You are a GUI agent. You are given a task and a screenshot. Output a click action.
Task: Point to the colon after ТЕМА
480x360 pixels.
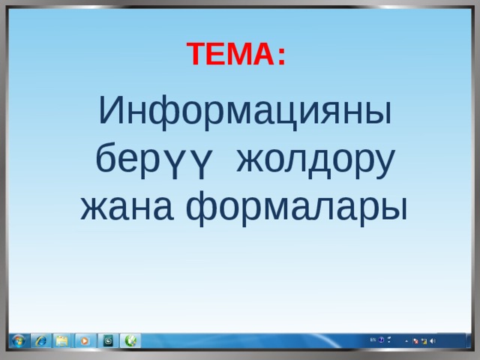coord(280,56)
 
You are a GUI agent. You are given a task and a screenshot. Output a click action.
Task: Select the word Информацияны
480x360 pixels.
coord(245,112)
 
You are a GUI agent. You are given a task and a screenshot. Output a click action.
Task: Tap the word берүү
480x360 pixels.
coord(157,159)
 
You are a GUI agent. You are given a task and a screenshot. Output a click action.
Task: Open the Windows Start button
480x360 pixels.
coord(17,340)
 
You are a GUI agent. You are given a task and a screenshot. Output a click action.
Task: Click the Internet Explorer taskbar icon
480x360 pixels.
coord(40,340)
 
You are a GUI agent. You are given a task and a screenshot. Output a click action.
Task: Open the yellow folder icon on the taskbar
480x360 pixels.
coord(61,340)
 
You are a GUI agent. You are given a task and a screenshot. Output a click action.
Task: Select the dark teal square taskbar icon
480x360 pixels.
coord(108,340)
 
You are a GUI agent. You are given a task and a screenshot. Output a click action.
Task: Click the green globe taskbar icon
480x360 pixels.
coord(130,340)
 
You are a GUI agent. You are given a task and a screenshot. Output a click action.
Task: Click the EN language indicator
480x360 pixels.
coord(373,340)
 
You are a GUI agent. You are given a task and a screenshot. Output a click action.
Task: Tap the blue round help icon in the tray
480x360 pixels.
coord(381,340)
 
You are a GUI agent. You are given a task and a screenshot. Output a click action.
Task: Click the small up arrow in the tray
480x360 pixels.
coord(407,340)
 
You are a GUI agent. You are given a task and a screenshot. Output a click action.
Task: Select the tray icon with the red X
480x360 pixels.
coord(416,340)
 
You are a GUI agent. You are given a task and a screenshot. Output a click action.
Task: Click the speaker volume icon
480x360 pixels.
coord(433,340)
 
